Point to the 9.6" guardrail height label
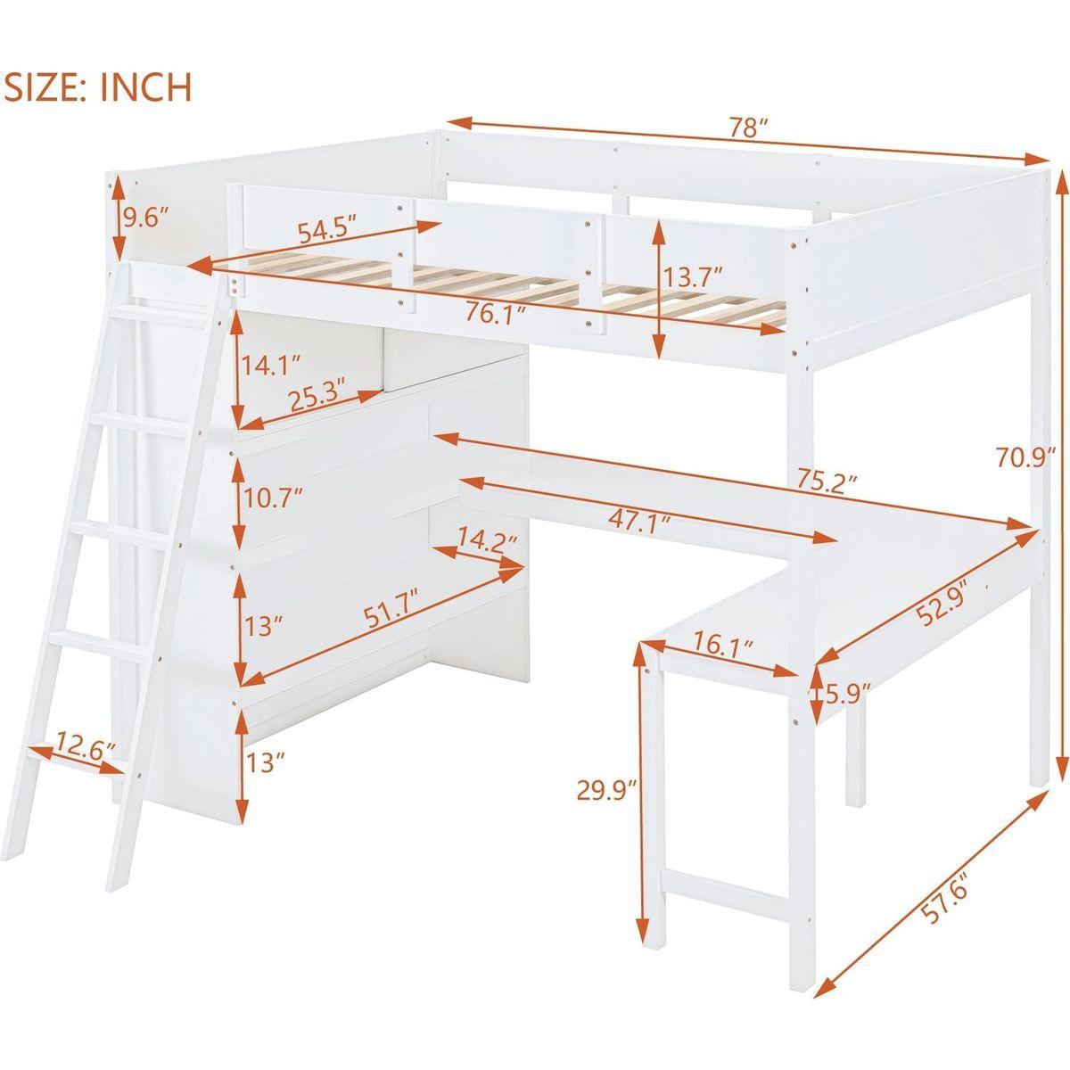144,218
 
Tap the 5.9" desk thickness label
843,695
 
